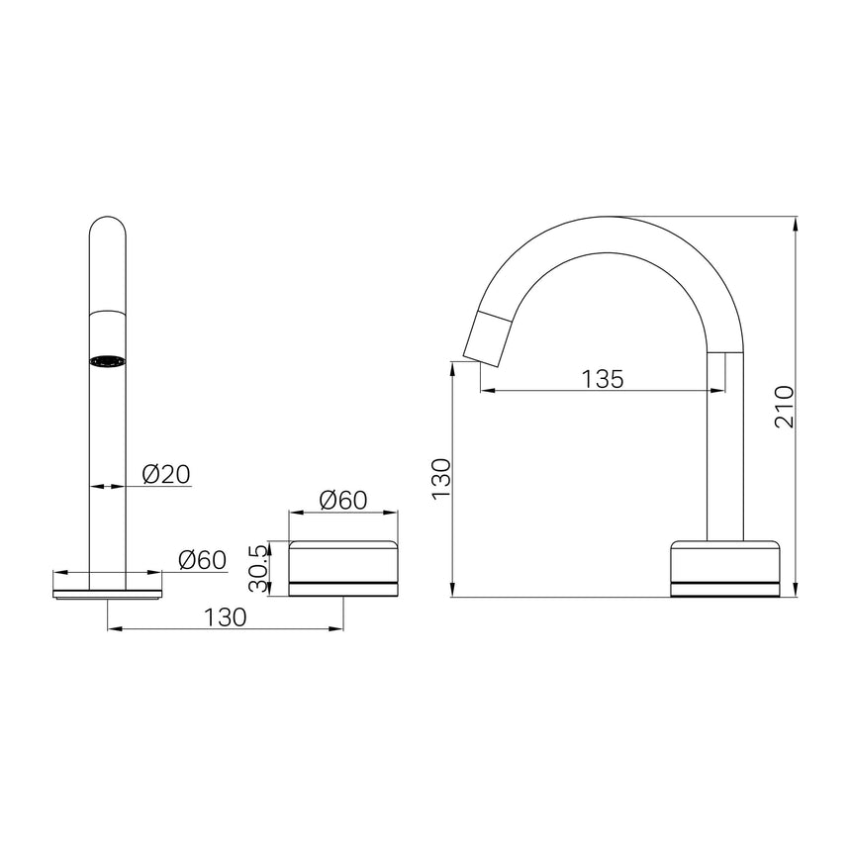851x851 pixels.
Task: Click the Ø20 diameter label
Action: click(x=165, y=474)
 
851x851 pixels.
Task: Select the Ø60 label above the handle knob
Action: click(x=342, y=500)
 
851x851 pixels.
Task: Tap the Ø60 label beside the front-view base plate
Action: click(x=202, y=560)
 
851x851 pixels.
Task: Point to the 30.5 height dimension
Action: click(x=259, y=568)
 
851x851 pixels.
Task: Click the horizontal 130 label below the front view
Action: click(x=225, y=615)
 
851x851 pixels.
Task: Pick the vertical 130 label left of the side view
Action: click(x=440, y=477)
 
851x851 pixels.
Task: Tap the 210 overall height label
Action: click(x=784, y=406)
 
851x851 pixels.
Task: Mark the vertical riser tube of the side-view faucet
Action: click(x=726, y=445)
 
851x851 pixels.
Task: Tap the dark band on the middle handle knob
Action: click(x=342, y=585)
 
